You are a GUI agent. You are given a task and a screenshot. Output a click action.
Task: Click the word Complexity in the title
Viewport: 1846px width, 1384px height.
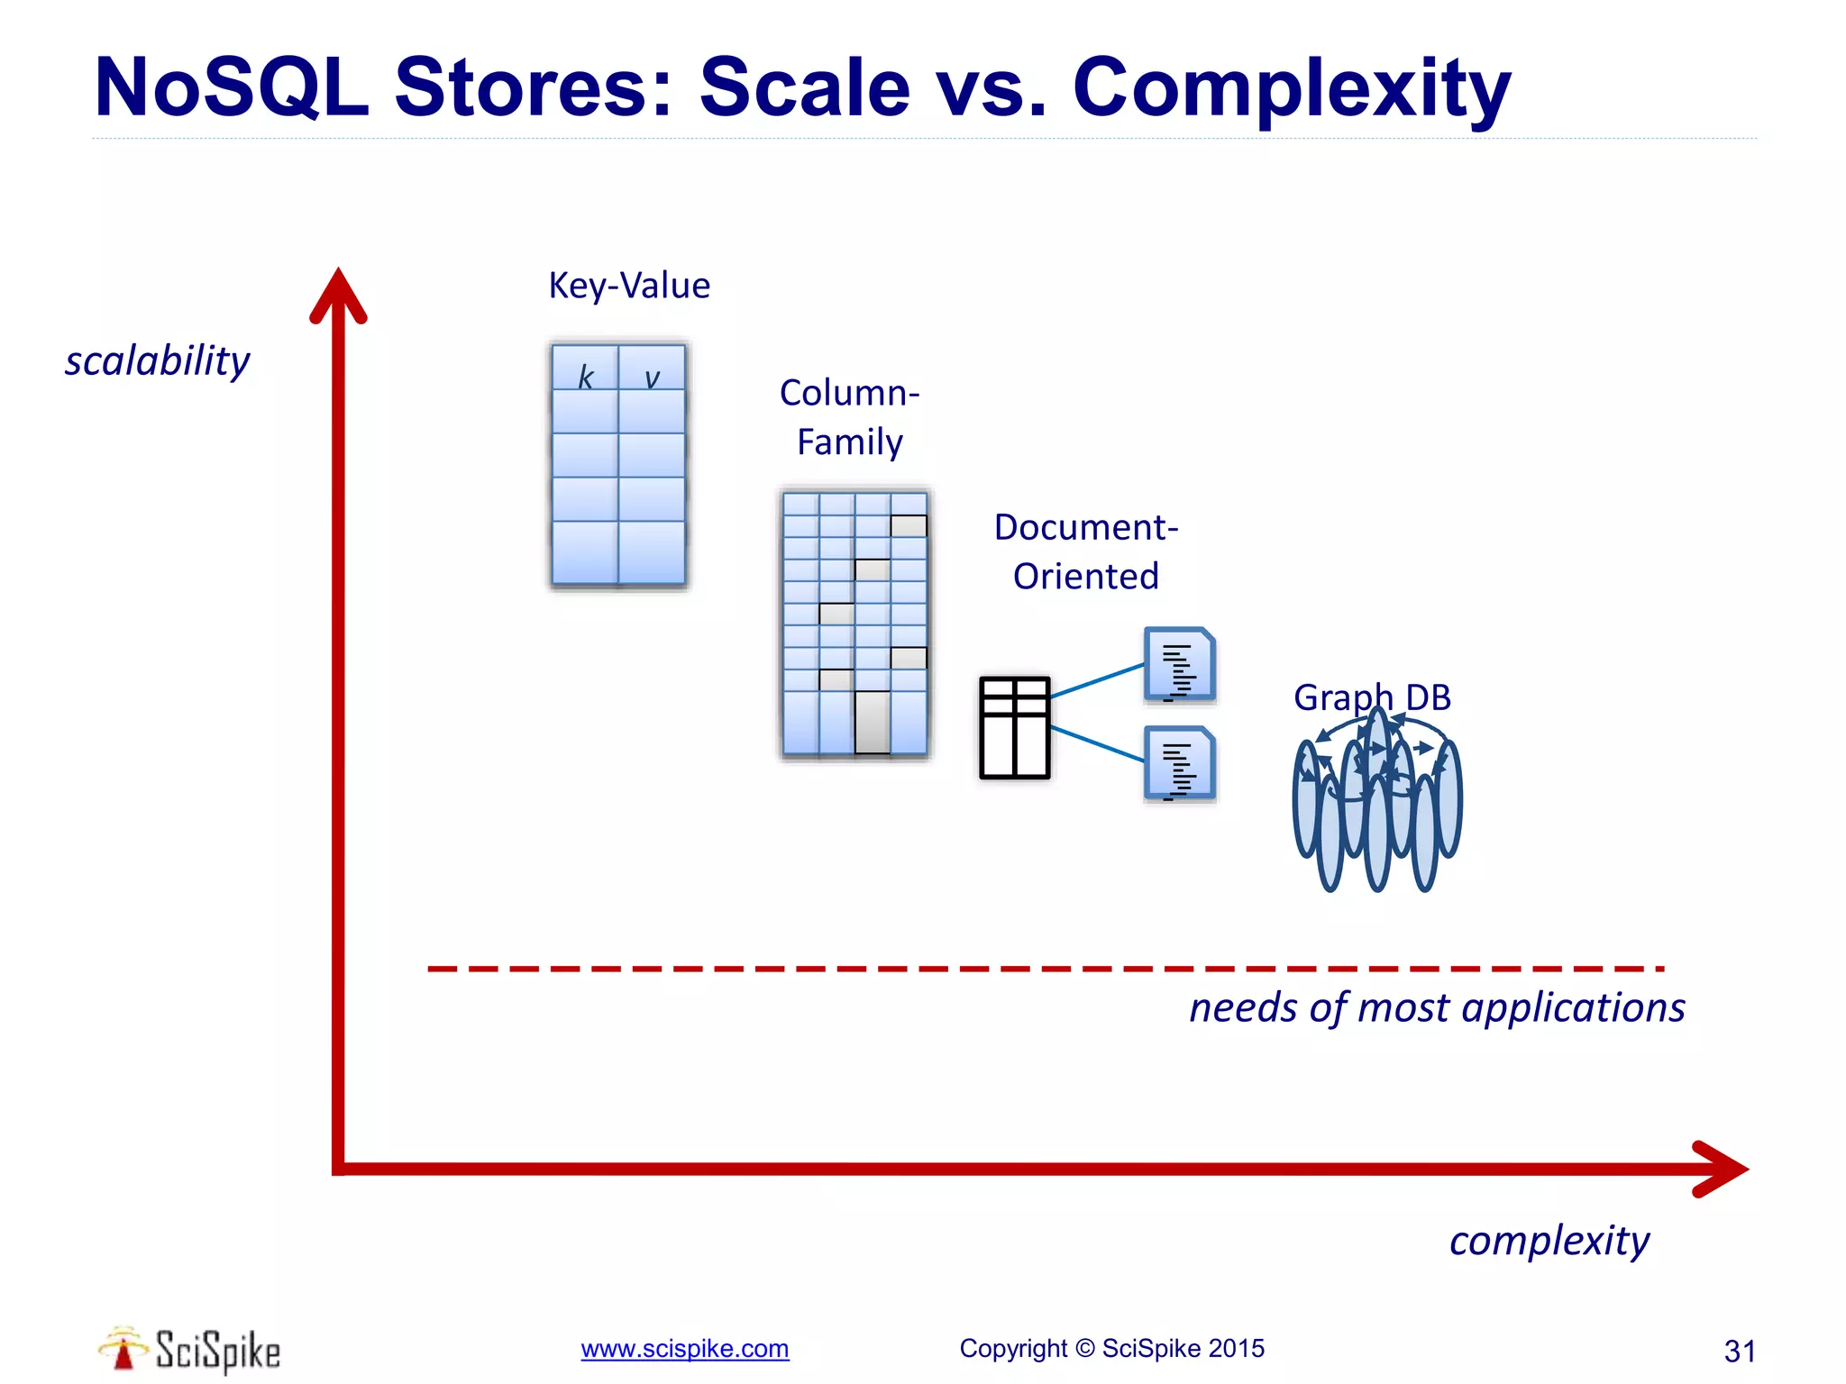tap(1291, 90)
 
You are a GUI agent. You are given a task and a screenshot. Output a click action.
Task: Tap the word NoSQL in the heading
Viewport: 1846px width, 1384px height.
tap(233, 88)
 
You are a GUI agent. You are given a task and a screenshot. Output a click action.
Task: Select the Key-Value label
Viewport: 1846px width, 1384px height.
tap(629, 286)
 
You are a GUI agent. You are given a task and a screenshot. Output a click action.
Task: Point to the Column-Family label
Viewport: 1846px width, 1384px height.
tap(849, 417)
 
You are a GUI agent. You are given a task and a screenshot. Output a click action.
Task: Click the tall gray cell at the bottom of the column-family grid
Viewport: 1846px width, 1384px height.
tap(872, 721)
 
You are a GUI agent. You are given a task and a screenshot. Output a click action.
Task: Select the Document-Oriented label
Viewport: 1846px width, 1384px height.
tap(1086, 551)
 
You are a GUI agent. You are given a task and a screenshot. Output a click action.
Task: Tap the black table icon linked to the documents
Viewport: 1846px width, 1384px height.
tap(1015, 727)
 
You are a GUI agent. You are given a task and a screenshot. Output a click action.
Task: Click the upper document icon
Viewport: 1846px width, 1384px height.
tap(1180, 665)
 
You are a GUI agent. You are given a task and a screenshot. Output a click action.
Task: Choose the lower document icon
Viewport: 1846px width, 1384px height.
tap(1180, 763)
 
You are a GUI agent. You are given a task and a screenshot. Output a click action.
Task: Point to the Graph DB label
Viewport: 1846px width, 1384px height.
tap(1372, 697)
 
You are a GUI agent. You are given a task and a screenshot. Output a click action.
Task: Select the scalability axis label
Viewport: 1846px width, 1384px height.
tap(157, 361)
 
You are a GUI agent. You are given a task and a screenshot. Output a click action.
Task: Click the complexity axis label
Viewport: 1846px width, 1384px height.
tap(1549, 1241)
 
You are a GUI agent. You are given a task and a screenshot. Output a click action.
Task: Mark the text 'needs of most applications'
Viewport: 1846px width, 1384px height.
tap(1436, 1007)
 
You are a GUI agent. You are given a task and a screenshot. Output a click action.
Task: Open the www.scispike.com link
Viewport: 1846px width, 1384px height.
tap(684, 1349)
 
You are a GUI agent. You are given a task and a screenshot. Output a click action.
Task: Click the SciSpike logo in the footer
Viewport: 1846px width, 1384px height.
tap(190, 1350)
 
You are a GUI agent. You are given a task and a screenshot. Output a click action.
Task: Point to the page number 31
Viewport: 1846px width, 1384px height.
tap(1739, 1351)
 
